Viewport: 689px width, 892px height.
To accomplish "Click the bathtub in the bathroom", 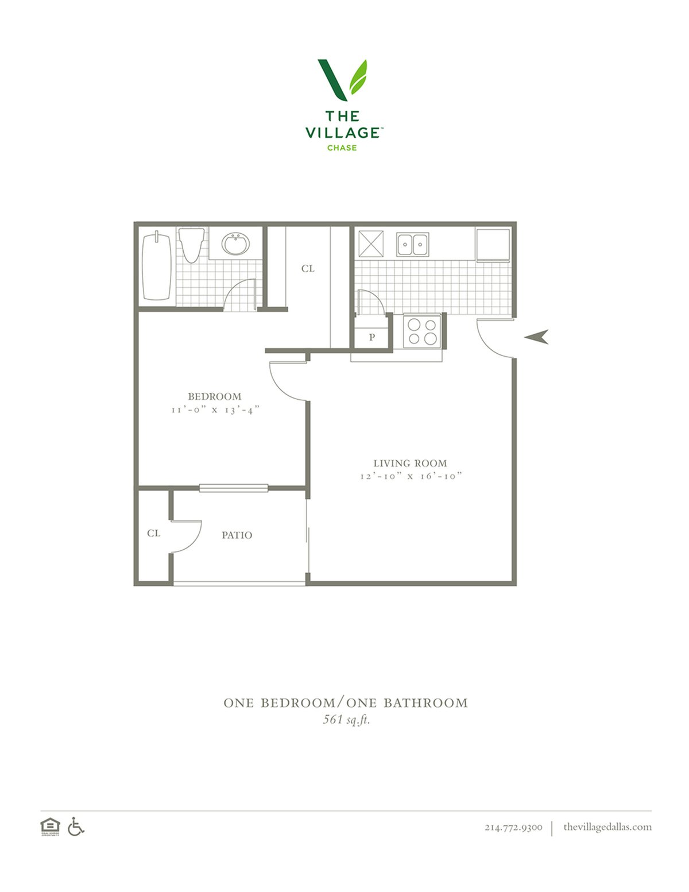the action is pos(156,267).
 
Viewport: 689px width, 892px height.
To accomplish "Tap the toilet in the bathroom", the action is pos(192,245).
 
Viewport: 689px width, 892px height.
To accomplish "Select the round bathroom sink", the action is pos(235,244).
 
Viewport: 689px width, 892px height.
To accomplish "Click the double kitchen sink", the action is pos(412,245).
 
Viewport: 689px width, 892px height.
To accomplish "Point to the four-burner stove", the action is pos(422,331).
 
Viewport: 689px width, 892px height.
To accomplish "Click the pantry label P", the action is pos(372,337).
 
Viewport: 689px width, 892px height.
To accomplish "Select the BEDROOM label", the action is pos(215,396).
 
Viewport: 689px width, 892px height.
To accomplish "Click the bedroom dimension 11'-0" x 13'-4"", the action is pos(216,410).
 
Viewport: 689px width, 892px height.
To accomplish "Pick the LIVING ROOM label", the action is pos(410,464).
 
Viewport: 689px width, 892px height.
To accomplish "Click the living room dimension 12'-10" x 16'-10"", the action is pos(411,476).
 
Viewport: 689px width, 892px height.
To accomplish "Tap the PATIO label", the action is pos(237,535).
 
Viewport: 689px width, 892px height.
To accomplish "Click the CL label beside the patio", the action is pos(153,533).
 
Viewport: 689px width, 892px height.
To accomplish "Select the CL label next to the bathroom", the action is pos(308,268).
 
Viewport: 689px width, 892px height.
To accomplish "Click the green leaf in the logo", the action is pos(358,77).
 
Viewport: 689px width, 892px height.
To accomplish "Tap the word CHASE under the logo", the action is pos(342,148).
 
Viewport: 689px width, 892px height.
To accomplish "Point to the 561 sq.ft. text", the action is pos(346,720).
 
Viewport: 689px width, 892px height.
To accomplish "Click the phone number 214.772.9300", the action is pos(513,827).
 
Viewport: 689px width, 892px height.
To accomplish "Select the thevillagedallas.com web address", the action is pos(607,827).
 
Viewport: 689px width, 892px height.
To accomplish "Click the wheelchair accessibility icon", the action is pos(76,827).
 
